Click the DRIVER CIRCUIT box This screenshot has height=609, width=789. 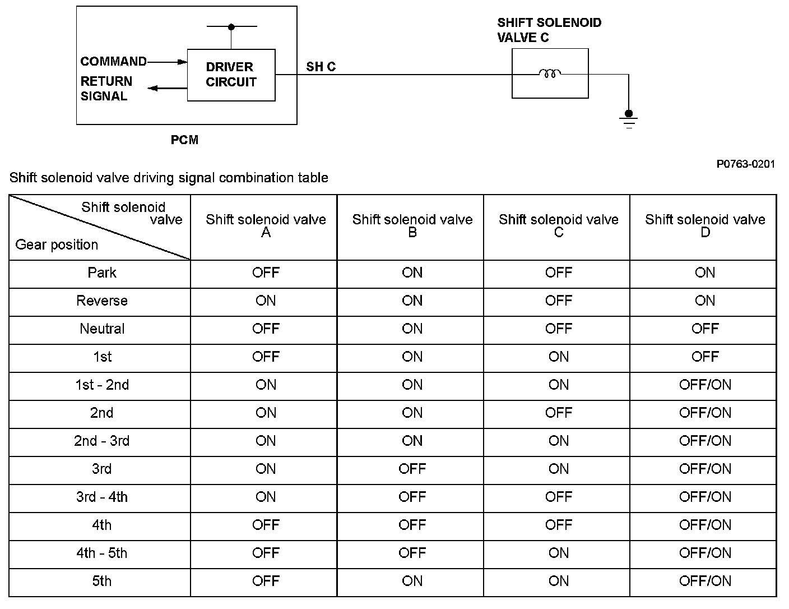231,75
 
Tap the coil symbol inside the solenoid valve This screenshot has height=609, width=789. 550,73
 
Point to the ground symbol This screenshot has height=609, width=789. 629,119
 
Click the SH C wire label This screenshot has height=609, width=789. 321,67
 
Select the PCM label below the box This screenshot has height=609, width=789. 184,140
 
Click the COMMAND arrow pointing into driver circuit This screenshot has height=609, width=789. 167,62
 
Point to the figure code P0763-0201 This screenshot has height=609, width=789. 745,164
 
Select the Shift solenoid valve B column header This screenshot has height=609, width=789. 412,225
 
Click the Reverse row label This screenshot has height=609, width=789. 102,301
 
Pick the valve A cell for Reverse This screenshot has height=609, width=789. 266,301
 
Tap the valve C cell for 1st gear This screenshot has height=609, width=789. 558,357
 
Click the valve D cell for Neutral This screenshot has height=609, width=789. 704,329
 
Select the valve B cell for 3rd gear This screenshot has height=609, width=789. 412,469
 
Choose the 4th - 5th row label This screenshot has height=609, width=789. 102,553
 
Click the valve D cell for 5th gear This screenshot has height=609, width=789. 704,582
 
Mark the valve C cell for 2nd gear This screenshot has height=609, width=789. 558,413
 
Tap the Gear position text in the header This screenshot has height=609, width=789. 57,244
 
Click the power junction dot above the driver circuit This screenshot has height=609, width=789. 231,26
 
